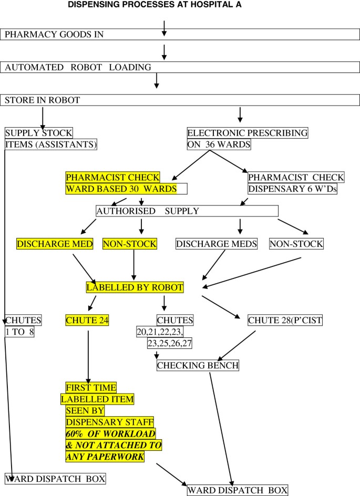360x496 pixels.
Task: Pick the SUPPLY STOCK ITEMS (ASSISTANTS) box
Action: coord(51,139)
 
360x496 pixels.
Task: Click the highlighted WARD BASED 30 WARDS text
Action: coord(120,189)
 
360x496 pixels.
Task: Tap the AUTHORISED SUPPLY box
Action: coord(187,211)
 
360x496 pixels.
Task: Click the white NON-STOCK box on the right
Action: coord(296,244)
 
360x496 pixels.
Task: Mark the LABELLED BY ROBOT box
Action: coord(135,287)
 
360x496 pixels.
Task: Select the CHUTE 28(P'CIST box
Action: coord(284,319)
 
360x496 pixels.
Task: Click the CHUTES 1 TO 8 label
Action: coord(19,326)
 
